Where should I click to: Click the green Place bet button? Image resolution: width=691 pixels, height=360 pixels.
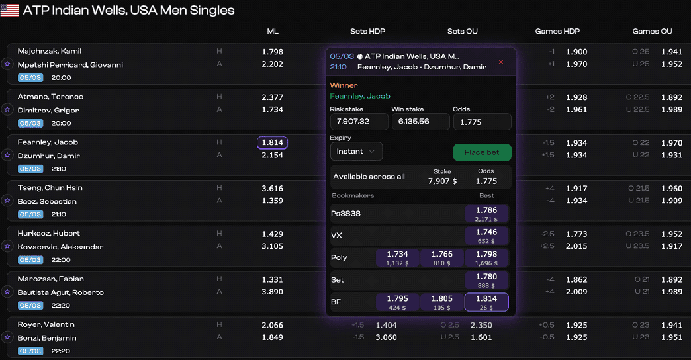[x=482, y=152]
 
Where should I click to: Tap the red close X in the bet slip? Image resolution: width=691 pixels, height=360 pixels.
[x=500, y=62]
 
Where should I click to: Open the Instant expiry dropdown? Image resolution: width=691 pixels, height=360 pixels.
[x=356, y=152]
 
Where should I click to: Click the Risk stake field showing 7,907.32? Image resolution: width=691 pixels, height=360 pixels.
[x=359, y=122]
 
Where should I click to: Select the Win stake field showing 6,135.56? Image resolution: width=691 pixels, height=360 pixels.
[x=420, y=122]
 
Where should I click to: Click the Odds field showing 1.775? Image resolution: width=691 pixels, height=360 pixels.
[x=481, y=122]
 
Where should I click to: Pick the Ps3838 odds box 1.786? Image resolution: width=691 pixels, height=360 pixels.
[x=486, y=214]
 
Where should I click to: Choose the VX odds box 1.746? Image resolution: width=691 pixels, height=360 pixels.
[x=486, y=236]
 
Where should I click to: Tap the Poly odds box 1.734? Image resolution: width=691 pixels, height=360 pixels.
[x=397, y=258]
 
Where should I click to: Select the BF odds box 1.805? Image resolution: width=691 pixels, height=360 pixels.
[x=441, y=302]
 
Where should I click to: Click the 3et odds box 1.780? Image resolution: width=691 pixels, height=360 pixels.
[x=486, y=280]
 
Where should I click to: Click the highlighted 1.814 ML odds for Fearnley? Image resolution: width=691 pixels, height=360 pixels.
[x=272, y=142]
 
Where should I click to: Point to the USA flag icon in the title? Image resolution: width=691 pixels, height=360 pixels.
[x=9, y=11]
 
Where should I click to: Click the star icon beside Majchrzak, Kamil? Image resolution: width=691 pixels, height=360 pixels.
[x=7, y=64]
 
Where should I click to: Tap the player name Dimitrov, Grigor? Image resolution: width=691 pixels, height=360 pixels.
[x=48, y=110]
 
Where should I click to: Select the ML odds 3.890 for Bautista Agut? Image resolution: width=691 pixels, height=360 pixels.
[x=272, y=292]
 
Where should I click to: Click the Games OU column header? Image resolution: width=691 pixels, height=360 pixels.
[x=652, y=31]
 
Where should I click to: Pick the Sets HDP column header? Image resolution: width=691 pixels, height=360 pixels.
[x=367, y=31]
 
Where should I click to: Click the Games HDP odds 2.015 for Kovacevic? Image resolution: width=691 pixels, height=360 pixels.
[x=576, y=246]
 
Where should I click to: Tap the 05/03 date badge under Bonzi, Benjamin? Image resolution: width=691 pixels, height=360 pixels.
[x=30, y=351]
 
